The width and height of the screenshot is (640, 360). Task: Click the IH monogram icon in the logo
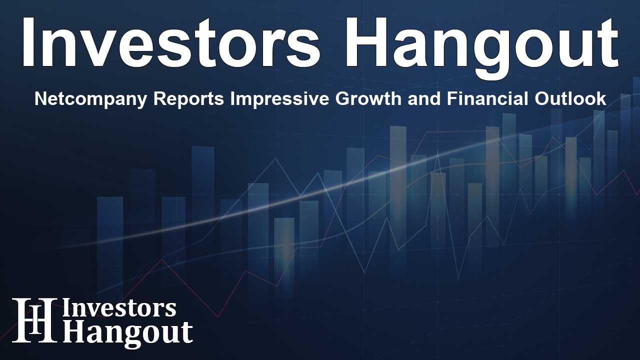point(34,320)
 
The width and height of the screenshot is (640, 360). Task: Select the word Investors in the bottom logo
point(119,309)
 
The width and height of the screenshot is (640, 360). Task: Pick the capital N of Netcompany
point(39,99)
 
